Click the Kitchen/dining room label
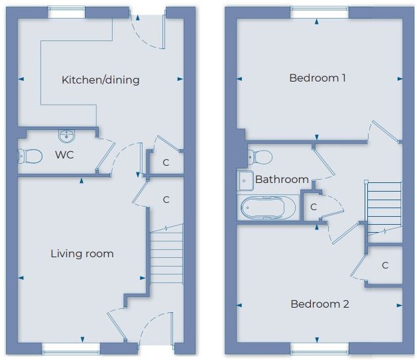[101, 80]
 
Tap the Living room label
[82, 254]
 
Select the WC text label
[64, 154]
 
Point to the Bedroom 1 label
[318, 78]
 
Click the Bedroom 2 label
[320, 304]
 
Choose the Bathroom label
[282, 180]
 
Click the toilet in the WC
[30, 156]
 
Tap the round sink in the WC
[66, 136]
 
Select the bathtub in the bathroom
[268, 208]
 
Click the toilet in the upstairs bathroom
[260, 157]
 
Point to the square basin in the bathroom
[245, 181]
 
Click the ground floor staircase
[166, 255]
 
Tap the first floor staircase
[385, 208]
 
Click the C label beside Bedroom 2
[385, 265]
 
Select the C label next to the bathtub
[314, 207]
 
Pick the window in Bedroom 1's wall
[319, 13]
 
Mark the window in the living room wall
[71, 349]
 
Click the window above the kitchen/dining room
[66, 13]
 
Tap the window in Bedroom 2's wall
[320, 349]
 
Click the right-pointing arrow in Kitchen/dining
[180, 79]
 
